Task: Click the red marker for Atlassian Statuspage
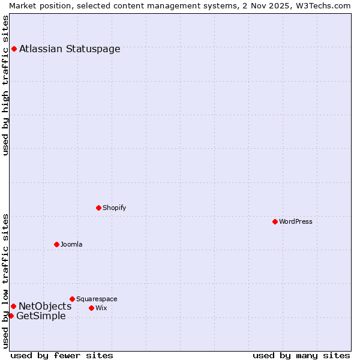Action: (x=14, y=49)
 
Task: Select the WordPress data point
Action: (x=275, y=221)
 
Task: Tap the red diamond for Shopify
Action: (x=98, y=208)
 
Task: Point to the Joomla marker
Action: (x=56, y=244)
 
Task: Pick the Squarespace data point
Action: (x=72, y=299)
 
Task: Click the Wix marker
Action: (x=91, y=308)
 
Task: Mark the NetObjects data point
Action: (x=13, y=306)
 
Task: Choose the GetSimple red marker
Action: (x=11, y=316)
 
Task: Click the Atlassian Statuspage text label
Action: (x=70, y=49)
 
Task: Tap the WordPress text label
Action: (x=296, y=221)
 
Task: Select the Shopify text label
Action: (x=114, y=208)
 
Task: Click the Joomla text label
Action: (x=71, y=244)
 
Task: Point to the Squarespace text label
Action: (x=97, y=299)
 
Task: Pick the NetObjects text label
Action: (x=45, y=307)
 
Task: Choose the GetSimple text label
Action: (x=41, y=316)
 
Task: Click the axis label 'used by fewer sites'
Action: (x=62, y=355)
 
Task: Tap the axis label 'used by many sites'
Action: (x=301, y=355)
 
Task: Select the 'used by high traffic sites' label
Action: (x=6, y=85)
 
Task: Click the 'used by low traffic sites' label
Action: (x=6, y=280)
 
